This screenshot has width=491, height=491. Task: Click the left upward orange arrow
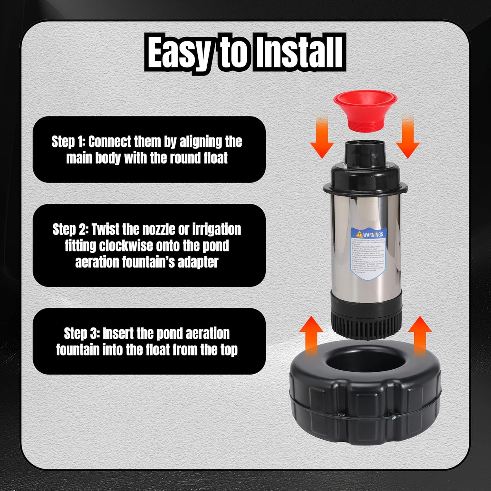coord(311,336)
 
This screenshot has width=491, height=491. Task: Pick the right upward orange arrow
coord(420,336)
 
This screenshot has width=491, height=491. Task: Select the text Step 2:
coord(69,230)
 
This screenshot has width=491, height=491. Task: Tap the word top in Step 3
coord(228,350)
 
